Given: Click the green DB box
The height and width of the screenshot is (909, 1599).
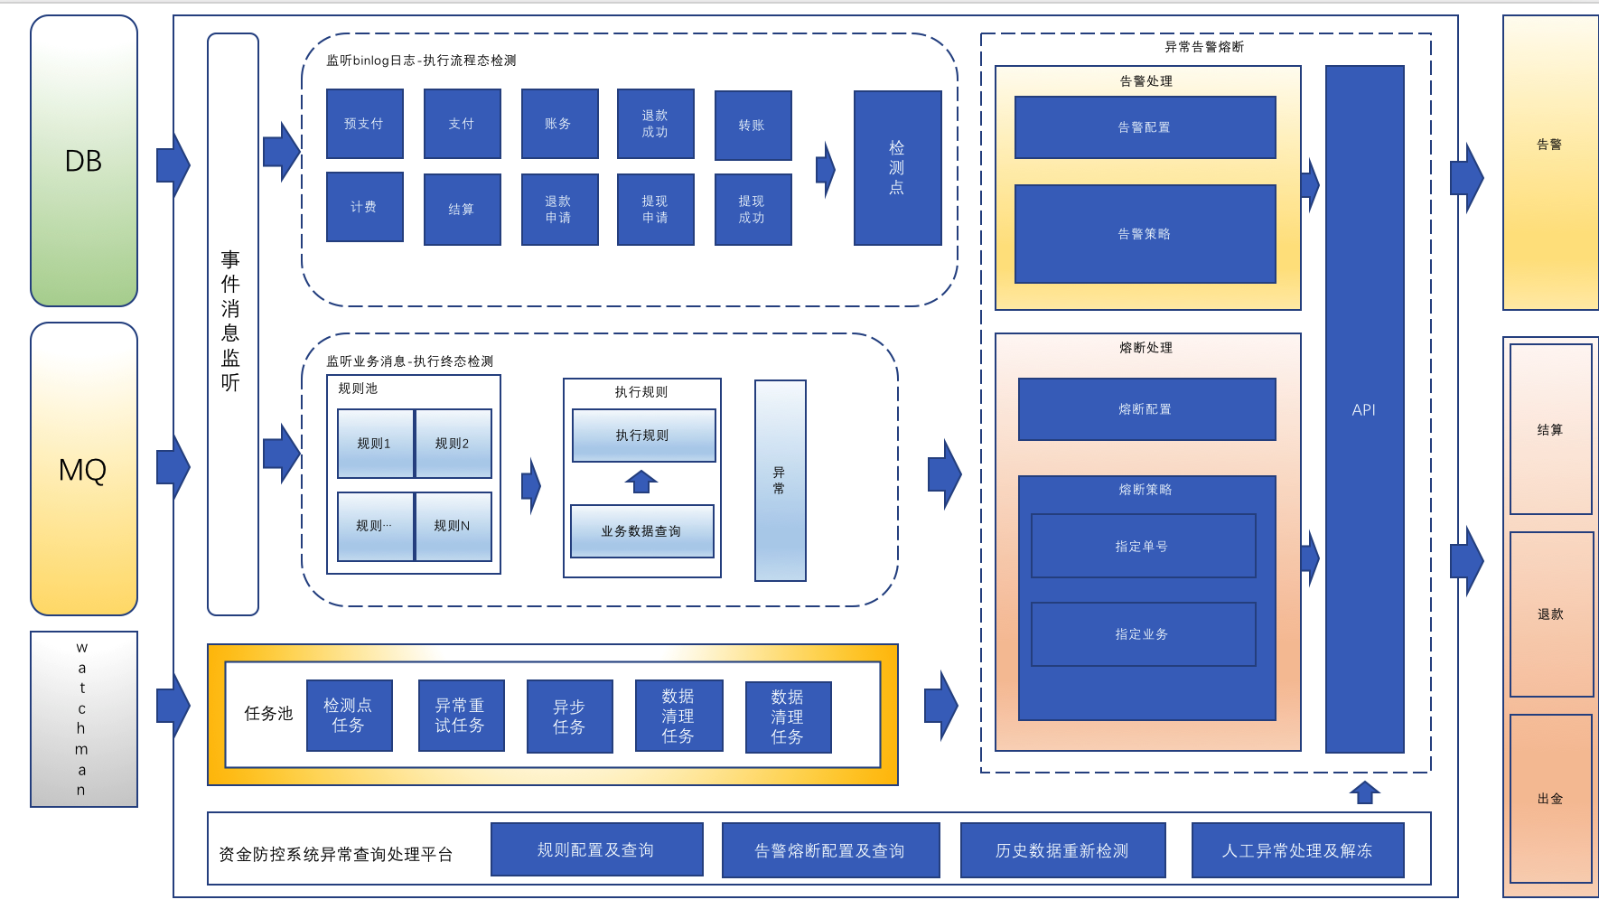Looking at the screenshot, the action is tap(84, 161).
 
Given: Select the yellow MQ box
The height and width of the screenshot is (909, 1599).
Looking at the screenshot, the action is tap(84, 469).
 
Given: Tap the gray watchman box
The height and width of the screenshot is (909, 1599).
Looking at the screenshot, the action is tap(84, 719).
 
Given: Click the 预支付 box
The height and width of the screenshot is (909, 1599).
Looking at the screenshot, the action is tap(365, 124).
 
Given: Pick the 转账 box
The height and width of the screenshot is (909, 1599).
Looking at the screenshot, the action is tap(753, 126).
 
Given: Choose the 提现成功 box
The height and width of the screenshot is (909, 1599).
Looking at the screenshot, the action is tap(753, 210).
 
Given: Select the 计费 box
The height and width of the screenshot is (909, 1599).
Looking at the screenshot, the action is tap(365, 207).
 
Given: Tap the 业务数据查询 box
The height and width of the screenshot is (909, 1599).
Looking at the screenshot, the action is tap(642, 531).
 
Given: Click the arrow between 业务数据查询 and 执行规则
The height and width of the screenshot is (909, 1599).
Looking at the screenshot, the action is tap(641, 482).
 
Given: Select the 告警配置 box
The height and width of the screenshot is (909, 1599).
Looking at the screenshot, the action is tap(1145, 127).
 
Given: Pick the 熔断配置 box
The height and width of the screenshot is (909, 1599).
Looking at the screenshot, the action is tap(1147, 409).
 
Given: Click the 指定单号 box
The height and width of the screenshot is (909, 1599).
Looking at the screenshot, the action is tap(1144, 546).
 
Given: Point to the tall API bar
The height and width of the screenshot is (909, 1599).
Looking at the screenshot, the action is tap(1365, 409).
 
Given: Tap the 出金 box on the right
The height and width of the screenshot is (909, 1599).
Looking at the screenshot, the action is tap(1551, 799).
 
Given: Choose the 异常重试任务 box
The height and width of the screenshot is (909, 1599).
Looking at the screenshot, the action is tap(462, 716).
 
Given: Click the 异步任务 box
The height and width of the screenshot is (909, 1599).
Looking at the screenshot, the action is tap(570, 717).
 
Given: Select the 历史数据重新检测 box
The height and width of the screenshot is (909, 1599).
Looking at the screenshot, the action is tap(1063, 850).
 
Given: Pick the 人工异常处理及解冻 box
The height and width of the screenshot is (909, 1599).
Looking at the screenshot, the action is tap(1298, 850).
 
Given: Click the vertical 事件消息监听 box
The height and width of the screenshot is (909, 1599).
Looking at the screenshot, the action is tap(233, 324).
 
